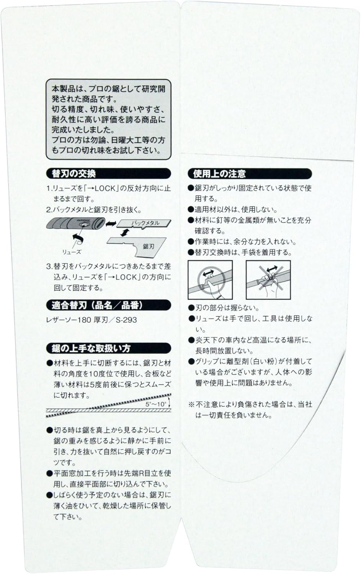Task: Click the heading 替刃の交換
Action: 74,174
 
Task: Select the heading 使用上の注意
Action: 219,174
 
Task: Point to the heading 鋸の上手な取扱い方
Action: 91,348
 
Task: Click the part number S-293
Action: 126,320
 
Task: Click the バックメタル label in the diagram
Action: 145,223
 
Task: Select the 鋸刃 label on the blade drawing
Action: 149,246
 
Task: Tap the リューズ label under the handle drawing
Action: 72,252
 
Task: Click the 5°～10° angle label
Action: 156,404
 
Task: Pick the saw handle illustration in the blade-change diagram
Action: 76,223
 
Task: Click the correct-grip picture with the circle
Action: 210,280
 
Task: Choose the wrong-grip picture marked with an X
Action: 268,280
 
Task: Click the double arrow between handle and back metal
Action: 111,223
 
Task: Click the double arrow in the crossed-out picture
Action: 272,269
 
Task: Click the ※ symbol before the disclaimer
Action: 191,404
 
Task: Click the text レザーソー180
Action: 69,320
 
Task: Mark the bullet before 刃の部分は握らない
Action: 191,308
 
